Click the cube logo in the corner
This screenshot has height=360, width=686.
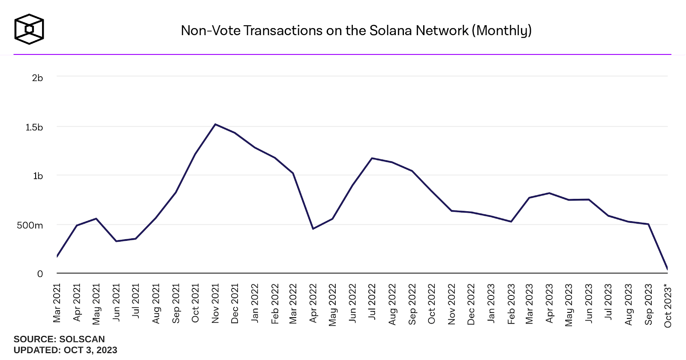pos(29,29)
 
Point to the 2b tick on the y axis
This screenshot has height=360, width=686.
pos(38,78)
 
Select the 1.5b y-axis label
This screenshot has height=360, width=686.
pos(34,127)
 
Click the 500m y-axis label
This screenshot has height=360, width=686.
pos(30,225)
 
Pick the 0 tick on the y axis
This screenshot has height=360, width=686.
pos(40,274)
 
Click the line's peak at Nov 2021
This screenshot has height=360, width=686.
pos(215,124)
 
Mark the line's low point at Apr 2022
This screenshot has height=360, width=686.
pos(313,229)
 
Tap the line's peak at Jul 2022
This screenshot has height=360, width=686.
pos(372,158)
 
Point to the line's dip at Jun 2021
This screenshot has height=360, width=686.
pos(116,241)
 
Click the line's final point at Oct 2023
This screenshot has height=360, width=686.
pos(668,269)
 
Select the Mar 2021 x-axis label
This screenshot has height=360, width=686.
pos(57,303)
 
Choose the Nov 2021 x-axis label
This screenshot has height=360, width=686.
pos(215,303)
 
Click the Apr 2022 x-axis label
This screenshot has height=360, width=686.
pos(313,303)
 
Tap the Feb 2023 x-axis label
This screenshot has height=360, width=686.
pos(511,303)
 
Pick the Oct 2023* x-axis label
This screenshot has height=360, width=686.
pos(668,306)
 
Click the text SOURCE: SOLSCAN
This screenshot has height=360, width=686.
pos(59,339)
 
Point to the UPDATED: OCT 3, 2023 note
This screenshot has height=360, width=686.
pos(65,350)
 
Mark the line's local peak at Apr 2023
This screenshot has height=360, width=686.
pos(549,193)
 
